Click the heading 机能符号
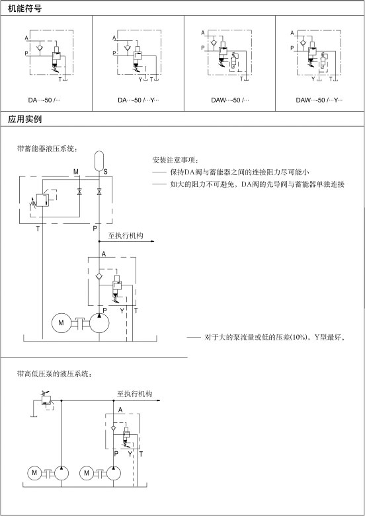(24, 9)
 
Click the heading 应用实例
(24, 119)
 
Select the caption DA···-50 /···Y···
(138, 100)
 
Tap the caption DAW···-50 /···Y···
(319, 100)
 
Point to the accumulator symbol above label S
(99, 161)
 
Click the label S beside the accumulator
(105, 172)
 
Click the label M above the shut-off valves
(76, 172)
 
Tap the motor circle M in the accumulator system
(61, 322)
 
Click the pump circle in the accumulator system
(99, 322)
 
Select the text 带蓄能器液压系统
(48, 149)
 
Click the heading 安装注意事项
(176, 161)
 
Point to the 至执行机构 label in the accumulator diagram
(126, 236)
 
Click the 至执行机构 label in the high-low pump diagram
(134, 394)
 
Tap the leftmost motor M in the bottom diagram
(34, 473)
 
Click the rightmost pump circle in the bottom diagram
(113, 473)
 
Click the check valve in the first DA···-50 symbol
(40, 48)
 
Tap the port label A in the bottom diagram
(120, 410)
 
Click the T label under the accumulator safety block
(38, 229)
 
